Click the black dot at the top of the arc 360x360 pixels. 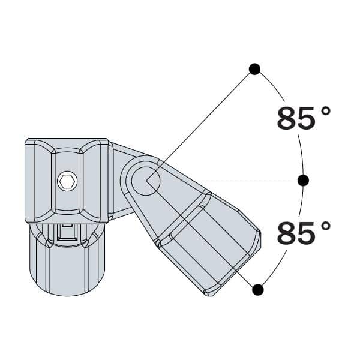click(x=254, y=69)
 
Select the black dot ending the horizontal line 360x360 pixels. click(x=303, y=180)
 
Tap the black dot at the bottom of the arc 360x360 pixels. click(x=258, y=290)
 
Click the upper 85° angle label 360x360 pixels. click(x=304, y=118)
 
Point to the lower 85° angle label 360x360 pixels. click(x=304, y=233)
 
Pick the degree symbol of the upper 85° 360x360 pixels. click(x=326, y=111)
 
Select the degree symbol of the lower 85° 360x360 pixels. click(x=326, y=226)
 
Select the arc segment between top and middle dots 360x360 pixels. click(x=290, y=120)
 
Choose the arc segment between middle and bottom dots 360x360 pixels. click(x=292, y=240)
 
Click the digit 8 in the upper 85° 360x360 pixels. click(x=288, y=118)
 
